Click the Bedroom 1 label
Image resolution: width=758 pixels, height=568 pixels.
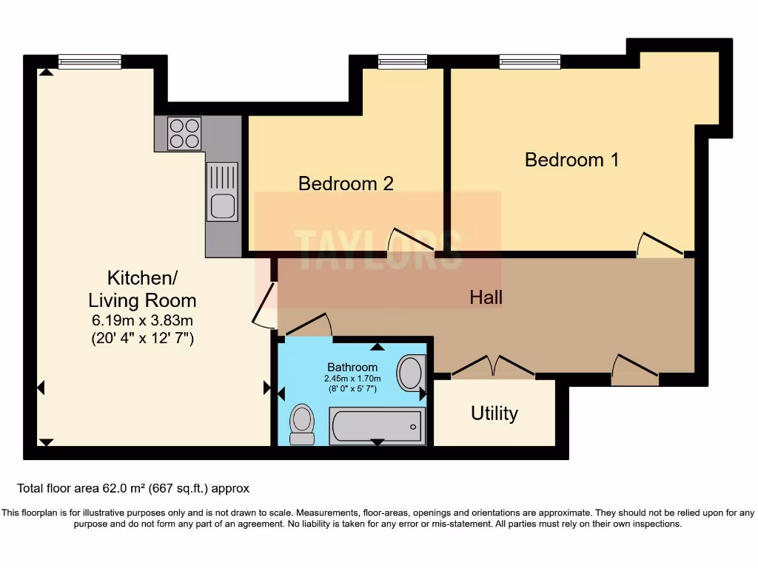coord(571,160)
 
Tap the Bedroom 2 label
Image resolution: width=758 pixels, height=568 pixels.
coord(346,183)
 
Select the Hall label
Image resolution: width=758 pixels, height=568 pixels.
coord(486,297)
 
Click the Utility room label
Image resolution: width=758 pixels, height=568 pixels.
coord(494,413)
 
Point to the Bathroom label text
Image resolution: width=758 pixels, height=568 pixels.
coord(352,367)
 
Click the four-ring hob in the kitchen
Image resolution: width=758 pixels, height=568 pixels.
coord(184,133)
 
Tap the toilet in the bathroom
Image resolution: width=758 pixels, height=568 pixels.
coord(302,424)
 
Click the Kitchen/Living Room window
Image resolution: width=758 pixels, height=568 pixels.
coord(90,62)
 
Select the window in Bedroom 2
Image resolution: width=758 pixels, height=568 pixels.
coord(402,62)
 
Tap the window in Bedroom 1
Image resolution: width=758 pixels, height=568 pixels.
coord(529,62)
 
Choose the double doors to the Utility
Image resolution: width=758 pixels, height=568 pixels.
coord(494,368)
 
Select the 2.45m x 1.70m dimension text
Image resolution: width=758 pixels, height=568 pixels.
coord(352,379)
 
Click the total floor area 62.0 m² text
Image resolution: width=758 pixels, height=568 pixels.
coord(133,488)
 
